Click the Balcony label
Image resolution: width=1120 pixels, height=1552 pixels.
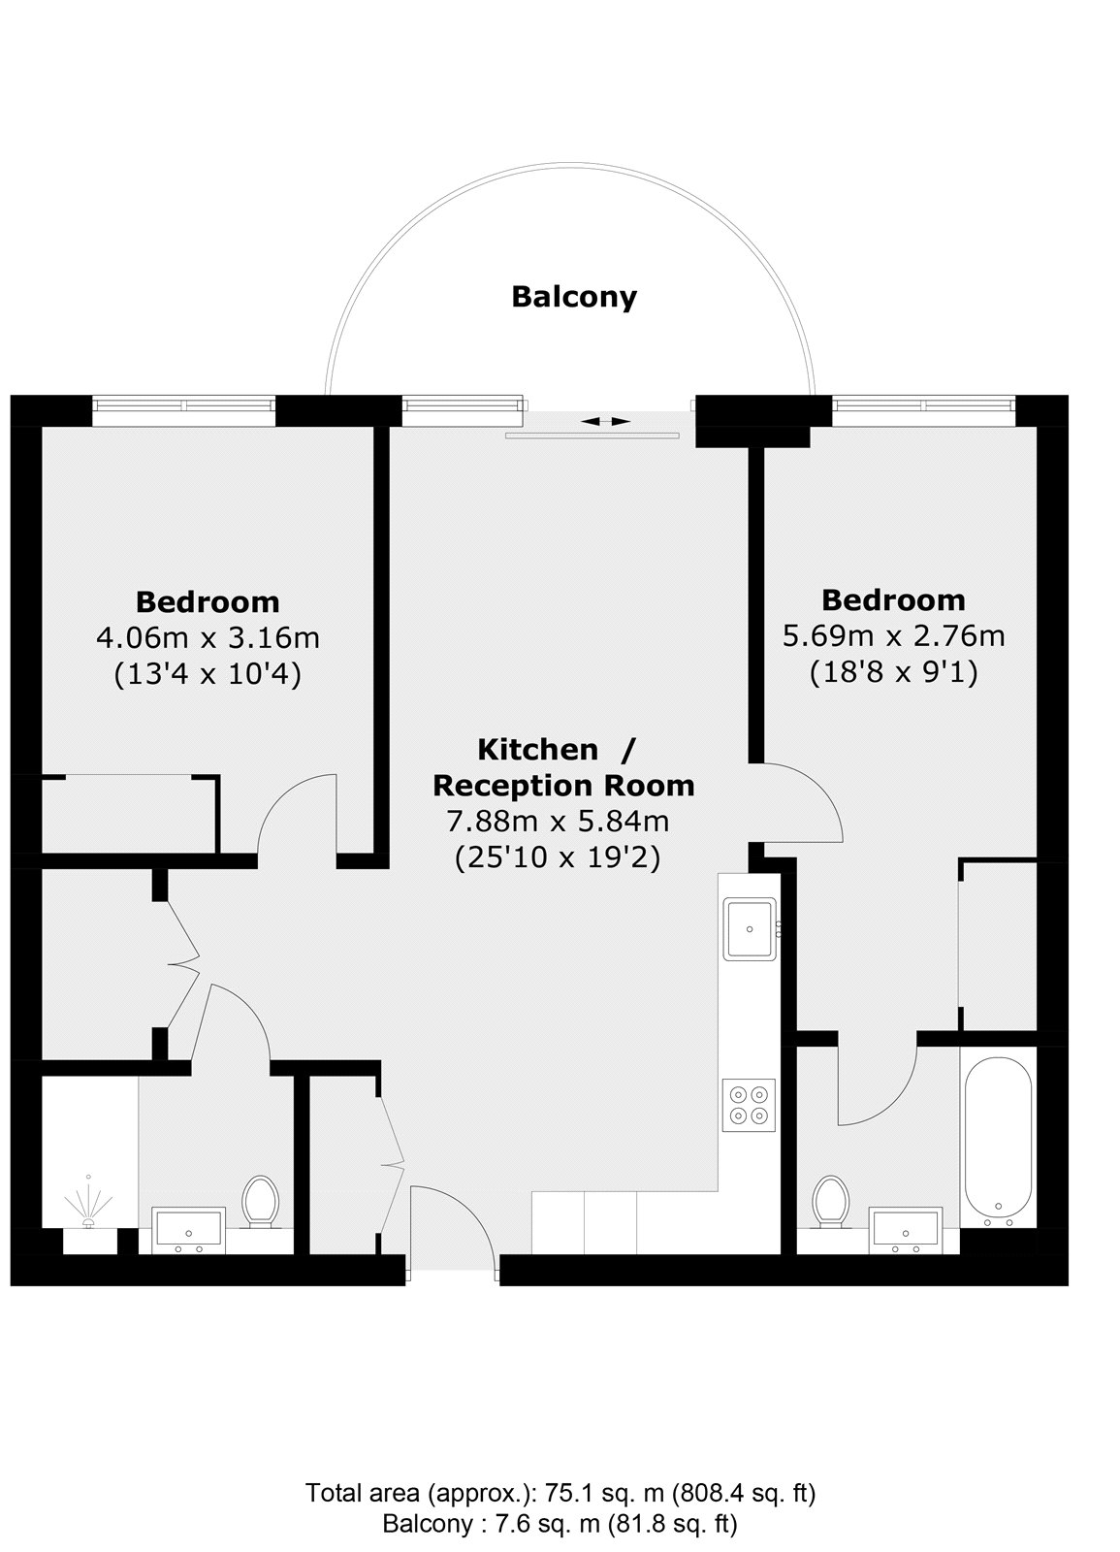tap(573, 297)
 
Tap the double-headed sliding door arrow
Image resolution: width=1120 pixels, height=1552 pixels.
tap(605, 421)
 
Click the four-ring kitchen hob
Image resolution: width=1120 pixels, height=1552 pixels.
tap(749, 1105)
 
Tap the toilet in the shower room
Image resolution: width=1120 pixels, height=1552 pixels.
tap(261, 1202)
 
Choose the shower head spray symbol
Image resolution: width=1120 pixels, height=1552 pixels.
tap(88, 1204)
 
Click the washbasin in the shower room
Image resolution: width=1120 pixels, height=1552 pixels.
tap(189, 1230)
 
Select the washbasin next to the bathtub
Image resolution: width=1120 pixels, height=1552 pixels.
tap(906, 1230)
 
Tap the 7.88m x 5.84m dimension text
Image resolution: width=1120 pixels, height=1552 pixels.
tap(558, 822)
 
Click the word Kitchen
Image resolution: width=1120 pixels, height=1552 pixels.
tap(538, 750)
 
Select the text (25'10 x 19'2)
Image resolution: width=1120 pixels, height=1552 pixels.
tap(558, 858)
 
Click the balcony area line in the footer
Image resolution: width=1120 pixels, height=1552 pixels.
tap(560, 1519)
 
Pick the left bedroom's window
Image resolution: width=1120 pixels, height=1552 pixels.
tap(183, 410)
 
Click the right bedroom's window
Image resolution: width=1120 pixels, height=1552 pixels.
tap(923, 410)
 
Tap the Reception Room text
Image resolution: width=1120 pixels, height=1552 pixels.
tap(563, 786)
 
